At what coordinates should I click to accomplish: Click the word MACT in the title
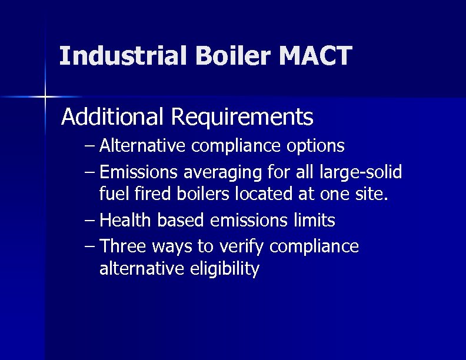[315, 56]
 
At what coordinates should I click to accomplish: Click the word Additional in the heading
[112, 117]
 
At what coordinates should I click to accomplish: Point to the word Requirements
[242, 117]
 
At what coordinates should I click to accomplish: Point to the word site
[372, 194]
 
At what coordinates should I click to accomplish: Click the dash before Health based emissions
[89, 221]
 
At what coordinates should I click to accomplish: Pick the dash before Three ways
[89, 246]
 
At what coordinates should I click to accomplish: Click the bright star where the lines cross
[45, 95]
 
